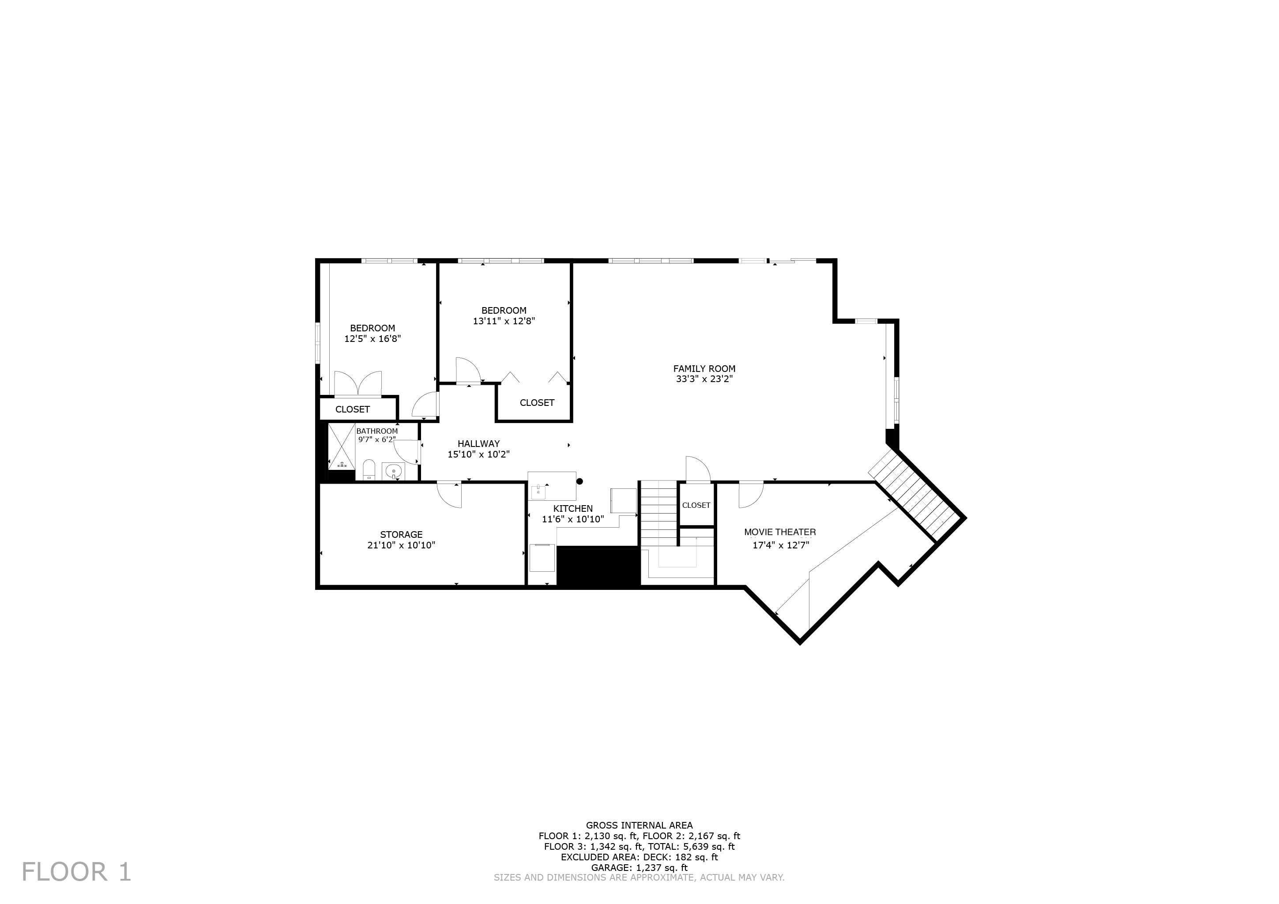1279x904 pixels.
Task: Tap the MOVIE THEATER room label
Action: pos(780,532)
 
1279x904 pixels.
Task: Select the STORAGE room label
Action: pos(401,535)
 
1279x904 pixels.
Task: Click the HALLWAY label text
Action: pos(478,444)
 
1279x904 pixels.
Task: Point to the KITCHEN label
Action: pos(573,509)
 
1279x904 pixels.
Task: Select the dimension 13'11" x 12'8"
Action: pos(504,321)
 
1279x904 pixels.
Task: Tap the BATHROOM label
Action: pos(377,431)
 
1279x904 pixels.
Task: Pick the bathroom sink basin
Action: pos(394,471)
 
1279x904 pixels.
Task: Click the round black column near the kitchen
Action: pos(579,481)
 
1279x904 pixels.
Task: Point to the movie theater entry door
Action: pos(750,495)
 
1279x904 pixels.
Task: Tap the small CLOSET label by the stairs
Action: pos(696,505)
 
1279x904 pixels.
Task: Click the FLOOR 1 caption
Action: pos(76,872)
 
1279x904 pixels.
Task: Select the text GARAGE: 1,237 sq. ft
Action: pos(639,868)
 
